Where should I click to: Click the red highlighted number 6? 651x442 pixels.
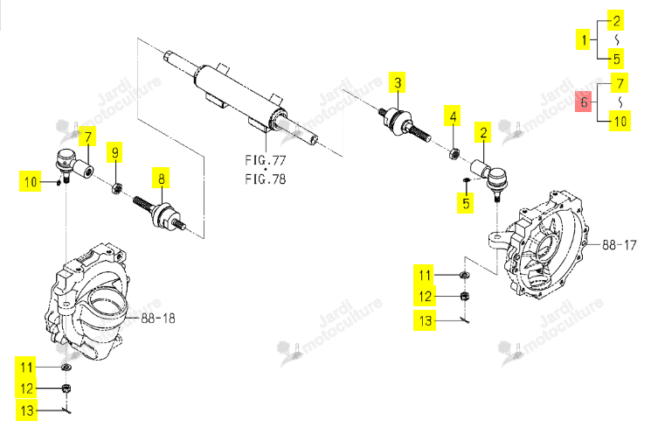coord(585,102)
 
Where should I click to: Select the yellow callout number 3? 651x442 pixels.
coord(398,82)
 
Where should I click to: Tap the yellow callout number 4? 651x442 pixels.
coord(453,116)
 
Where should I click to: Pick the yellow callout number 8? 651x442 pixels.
coord(161,178)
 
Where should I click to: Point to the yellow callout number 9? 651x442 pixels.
coord(115,152)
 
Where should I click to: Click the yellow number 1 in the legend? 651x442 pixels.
coord(584,40)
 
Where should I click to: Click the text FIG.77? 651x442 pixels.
coord(266,159)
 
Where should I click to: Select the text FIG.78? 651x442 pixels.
coord(266,179)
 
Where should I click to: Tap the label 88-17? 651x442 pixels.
coord(619,245)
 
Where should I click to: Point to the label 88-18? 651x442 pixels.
coord(158,319)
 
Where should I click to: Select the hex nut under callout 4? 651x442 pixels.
coord(454,153)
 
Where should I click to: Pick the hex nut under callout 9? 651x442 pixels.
coord(117,189)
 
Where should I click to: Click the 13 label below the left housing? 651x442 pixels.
coord(26,410)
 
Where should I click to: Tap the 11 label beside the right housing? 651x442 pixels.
coord(424,275)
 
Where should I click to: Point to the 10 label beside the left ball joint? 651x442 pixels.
coord(31,181)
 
